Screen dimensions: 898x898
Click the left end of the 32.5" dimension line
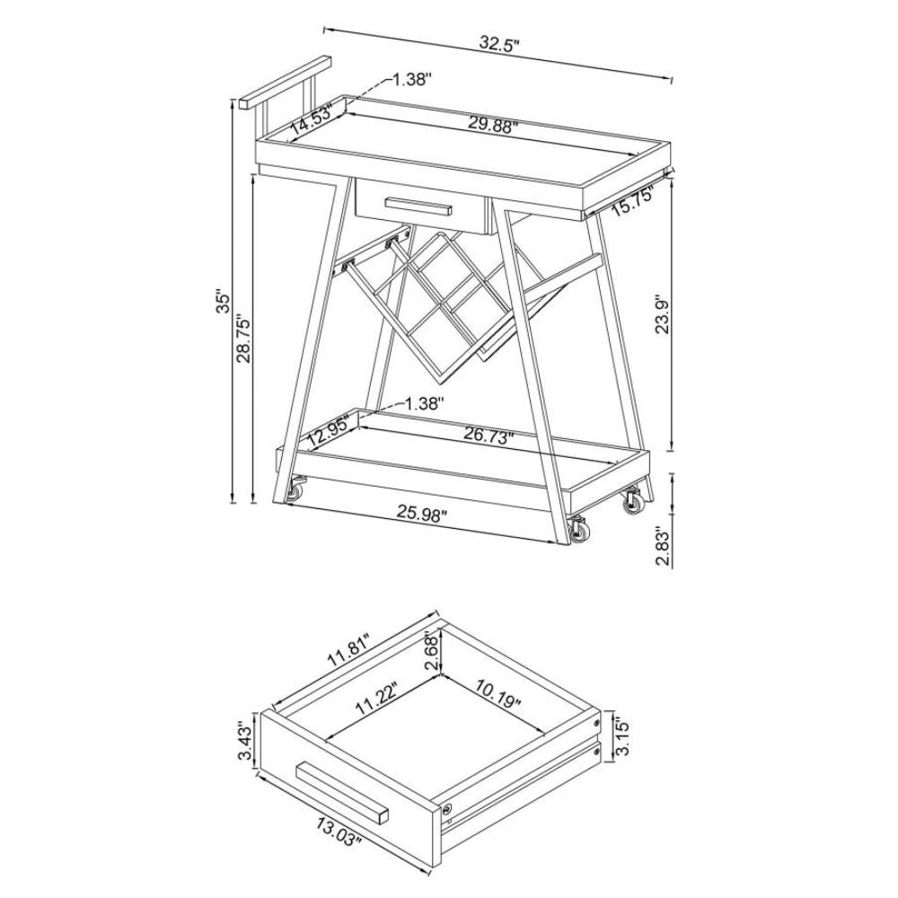(324, 28)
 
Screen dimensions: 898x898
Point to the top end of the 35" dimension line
(233, 100)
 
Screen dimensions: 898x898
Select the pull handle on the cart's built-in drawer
(418, 206)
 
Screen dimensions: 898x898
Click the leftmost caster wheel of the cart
(296, 490)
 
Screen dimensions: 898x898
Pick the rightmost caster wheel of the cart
(634, 501)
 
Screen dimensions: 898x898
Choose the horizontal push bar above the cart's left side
(286, 83)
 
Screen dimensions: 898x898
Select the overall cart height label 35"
(224, 302)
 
